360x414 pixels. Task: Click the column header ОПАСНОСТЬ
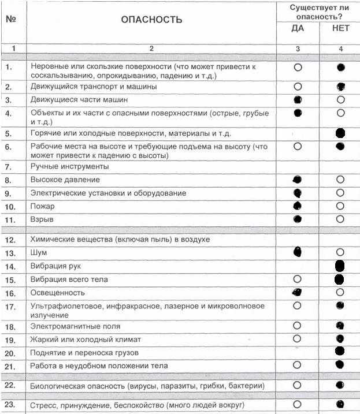151,20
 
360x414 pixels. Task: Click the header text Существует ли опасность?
319,12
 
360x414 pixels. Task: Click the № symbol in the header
10,18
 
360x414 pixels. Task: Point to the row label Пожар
42,206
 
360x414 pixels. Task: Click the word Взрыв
42,220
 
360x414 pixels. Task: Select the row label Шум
39,253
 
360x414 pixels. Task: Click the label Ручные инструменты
70,166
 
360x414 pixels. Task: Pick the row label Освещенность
57,293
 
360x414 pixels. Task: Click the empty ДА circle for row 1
298,68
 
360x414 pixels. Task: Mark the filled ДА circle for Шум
298,251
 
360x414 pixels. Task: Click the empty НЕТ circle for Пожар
340,206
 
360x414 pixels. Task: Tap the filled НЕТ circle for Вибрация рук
340,266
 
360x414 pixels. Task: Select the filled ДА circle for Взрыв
298,219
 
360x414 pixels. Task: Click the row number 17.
9,306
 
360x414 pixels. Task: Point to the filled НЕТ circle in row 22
340,385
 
